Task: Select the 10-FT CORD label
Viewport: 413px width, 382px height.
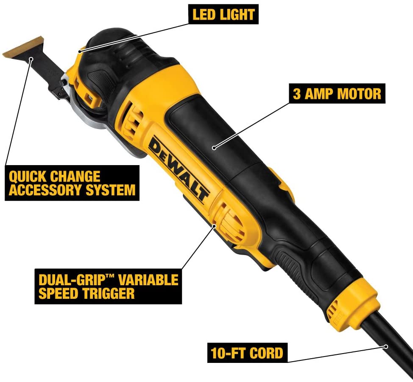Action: [x=246, y=352]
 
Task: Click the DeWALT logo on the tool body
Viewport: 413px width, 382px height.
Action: [x=178, y=170]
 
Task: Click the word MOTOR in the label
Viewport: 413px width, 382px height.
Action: [x=360, y=93]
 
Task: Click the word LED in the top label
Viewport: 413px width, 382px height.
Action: [x=203, y=15]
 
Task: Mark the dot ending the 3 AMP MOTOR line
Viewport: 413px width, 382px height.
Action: [x=215, y=148]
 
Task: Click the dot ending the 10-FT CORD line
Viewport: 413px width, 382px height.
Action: [x=385, y=346]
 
